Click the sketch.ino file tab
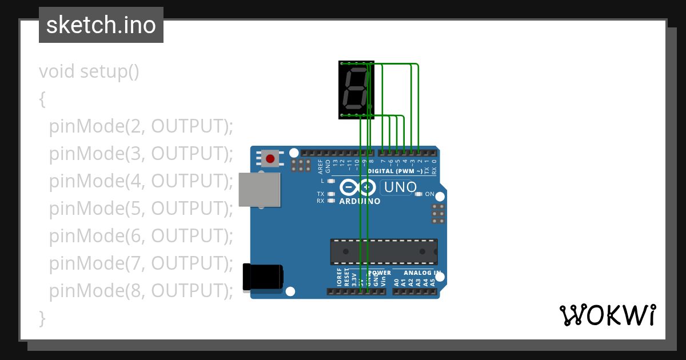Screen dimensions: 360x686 pyautogui.click(x=101, y=25)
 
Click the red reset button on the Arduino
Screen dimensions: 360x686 pyautogui.click(x=270, y=158)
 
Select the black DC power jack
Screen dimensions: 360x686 pyautogui.click(x=262, y=277)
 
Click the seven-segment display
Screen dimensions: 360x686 pyautogui.click(x=356, y=90)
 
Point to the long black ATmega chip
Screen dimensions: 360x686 pyautogui.click(x=384, y=251)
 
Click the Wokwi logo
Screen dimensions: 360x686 pyautogui.click(x=607, y=315)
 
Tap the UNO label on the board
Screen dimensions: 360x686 pyautogui.click(x=400, y=187)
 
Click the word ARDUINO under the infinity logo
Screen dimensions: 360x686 pyautogui.click(x=360, y=201)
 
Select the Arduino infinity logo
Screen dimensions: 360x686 pyautogui.click(x=358, y=187)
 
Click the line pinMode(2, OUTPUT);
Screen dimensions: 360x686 pyautogui.click(x=141, y=126)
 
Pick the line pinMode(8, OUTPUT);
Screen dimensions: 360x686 pyautogui.click(x=141, y=291)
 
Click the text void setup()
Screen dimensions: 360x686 pyautogui.click(x=89, y=72)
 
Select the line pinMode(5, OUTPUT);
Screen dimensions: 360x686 pyautogui.click(x=141, y=209)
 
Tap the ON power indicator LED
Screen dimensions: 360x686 pyautogui.click(x=418, y=194)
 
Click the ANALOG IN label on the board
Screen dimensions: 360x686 pyautogui.click(x=422, y=273)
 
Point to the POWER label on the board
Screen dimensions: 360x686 pyautogui.click(x=380, y=273)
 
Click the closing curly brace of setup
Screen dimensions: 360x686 pyautogui.click(x=42, y=317)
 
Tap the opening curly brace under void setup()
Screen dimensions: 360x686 pyautogui.click(x=42, y=99)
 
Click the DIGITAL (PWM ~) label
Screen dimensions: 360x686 pyautogui.click(x=396, y=171)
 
